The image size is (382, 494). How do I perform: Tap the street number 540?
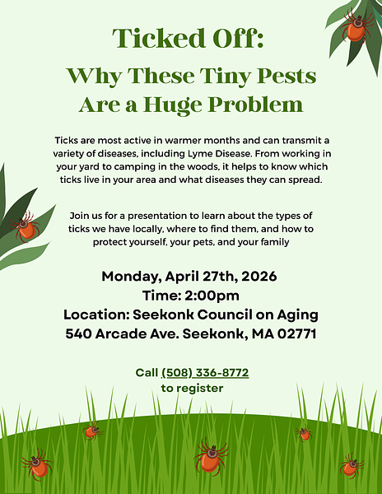pyautogui.click(x=82, y=334)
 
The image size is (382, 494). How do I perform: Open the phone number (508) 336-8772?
pyautogui.click(x=205, y=373)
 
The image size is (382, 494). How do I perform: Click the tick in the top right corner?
pyautogui.click(x=356, y=27)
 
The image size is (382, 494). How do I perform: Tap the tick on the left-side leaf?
pyautogui.click(x=25, y=225)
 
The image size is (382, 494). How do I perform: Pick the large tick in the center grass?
pyautogui.click(x=211, y=455)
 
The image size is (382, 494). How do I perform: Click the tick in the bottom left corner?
pyautogui.click(x=36, y=465)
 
